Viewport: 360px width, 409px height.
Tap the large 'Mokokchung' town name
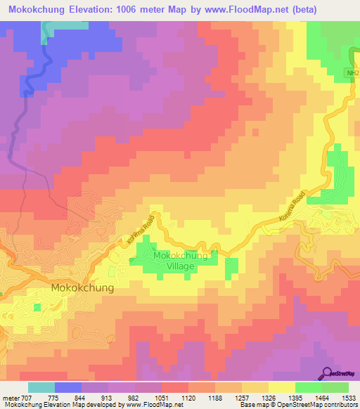point(82,288)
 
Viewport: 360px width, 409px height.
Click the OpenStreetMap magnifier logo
point(328,373)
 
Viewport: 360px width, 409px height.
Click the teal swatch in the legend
point(41,387)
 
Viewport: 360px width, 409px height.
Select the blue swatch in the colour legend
point(68,387)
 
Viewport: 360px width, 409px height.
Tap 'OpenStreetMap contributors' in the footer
point(316,405)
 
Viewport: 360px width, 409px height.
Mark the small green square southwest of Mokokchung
point(36,307)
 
